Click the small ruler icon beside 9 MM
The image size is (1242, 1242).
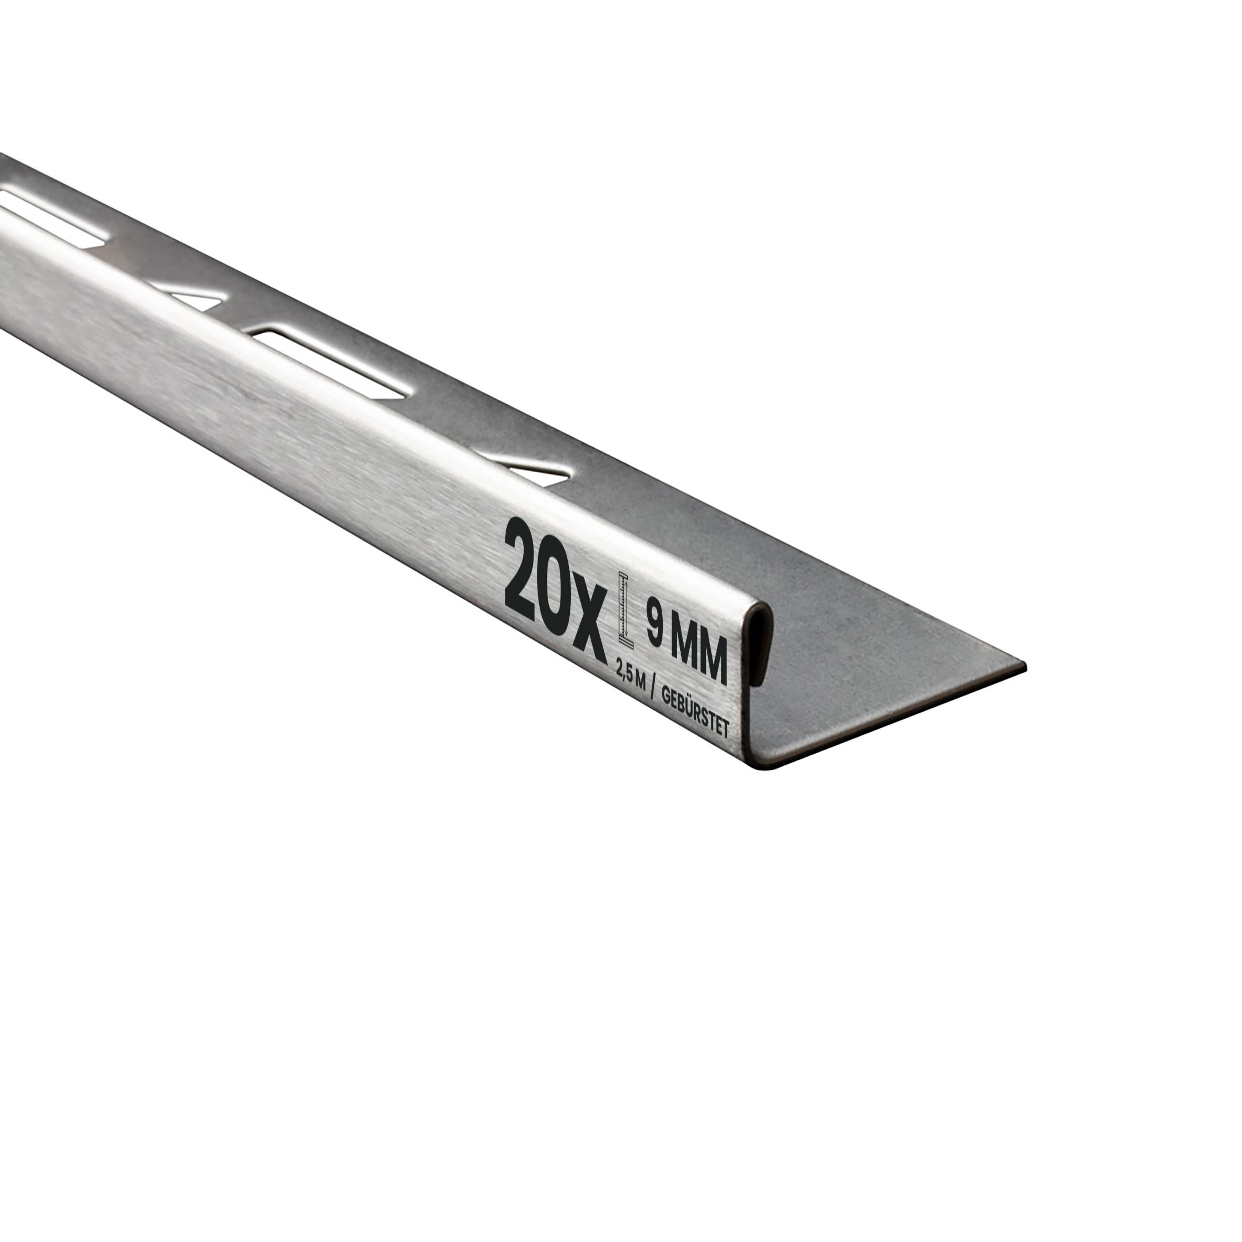coord(623,607)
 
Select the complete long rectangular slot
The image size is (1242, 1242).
coord(329,363)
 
